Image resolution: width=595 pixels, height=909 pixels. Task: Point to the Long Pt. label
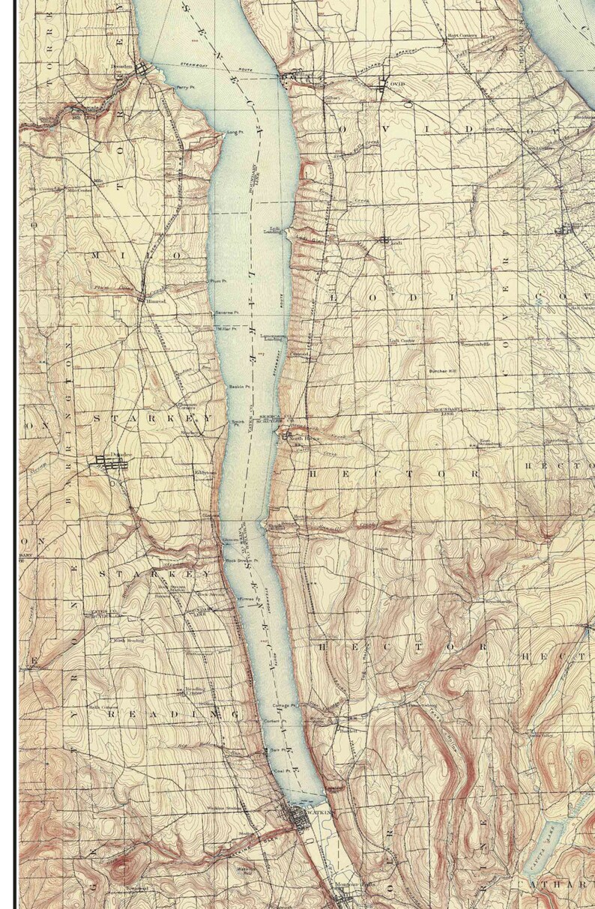[x=236, y=133]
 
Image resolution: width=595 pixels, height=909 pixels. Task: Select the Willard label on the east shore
[x=303, y=75]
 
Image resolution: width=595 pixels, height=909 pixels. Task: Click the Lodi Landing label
[x=272, y=230]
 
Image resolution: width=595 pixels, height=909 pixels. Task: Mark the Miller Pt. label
[x=227, y=328]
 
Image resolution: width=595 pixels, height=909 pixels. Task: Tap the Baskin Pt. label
[x=239, y=386]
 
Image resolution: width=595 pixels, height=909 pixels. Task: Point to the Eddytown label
[x=205, y=473]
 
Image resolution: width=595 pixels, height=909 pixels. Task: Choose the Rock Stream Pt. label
[x=241, y=560]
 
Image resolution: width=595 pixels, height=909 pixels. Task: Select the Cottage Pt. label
[x=286, y=705]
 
